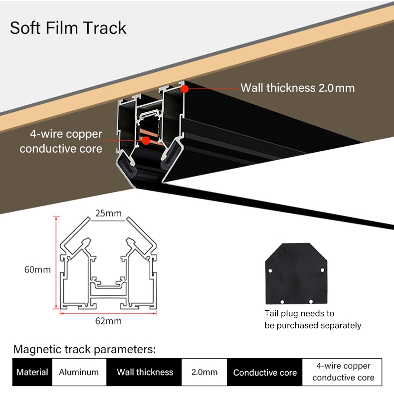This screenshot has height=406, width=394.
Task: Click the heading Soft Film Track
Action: pos(68,28)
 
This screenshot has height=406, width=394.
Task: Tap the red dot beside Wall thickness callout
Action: pos(185,88)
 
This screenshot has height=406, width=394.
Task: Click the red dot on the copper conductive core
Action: pos(146,141)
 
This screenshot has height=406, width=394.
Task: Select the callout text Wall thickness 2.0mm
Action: pos(297,88)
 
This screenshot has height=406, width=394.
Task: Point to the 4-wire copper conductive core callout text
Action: pos(61,141)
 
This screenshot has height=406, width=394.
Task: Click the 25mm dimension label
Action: pos(109,213)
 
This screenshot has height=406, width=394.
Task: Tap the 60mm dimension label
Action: pos(37,270)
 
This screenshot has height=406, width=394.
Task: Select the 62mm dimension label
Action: pos(108,321)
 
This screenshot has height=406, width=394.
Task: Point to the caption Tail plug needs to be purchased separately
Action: pos(313,319)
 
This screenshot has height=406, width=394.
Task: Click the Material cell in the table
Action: pos(32,372)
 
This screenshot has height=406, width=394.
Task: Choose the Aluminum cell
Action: pos(79,372)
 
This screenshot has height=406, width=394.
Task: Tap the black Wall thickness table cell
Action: pos(145,372)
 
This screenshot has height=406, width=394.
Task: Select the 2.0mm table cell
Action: pos(204,372)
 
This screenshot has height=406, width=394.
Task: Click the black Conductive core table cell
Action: pos(265,372)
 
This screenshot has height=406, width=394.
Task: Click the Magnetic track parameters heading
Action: pos(84,349)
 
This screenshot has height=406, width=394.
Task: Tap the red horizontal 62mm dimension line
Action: pos(108,313)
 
